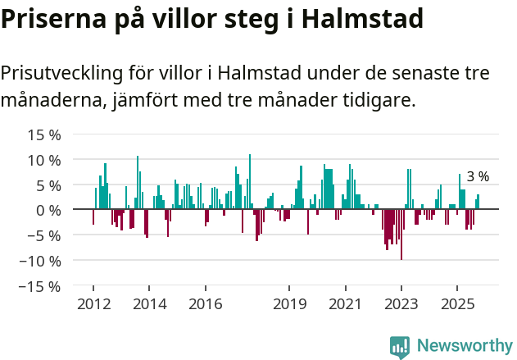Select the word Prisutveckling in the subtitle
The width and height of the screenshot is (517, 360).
click(62, 73)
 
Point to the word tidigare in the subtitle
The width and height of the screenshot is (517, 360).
click(379, 101)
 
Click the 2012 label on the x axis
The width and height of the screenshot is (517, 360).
click(93, 304)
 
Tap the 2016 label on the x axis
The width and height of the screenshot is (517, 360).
click(205, 304)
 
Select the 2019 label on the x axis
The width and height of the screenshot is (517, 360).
click(289, 304)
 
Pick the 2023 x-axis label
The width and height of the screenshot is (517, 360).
click(401, 304)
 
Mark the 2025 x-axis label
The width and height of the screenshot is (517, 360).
click(457, 304)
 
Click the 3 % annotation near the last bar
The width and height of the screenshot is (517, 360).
click(478, 176)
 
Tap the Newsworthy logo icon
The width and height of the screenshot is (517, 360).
click(400, 346)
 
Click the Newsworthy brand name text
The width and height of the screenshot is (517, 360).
click(465, 346)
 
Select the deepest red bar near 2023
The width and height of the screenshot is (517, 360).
click(401, 235)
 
